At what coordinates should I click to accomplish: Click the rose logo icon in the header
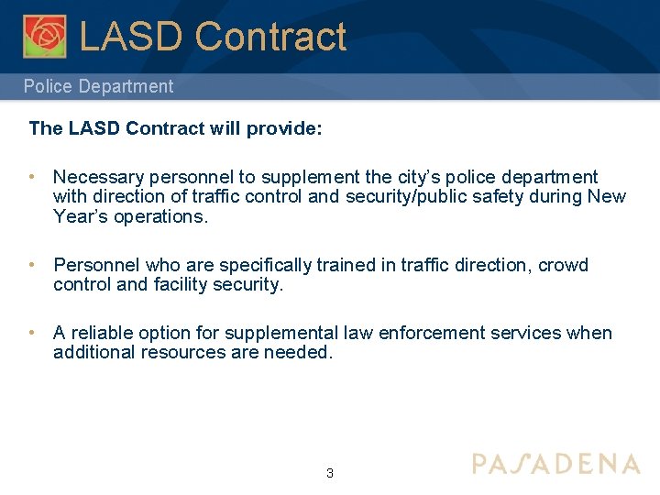click(45, 36)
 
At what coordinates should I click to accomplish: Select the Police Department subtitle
click(98, 87)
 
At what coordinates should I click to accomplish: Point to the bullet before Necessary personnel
click(32, 177)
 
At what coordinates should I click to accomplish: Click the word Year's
click(81, 216)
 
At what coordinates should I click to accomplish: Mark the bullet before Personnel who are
click(32, 265)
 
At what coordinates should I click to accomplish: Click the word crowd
click(564, 265)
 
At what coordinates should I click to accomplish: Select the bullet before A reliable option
click(32, 333)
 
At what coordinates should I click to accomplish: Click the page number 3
click(330, 474)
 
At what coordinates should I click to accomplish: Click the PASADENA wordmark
click(555, 464)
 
